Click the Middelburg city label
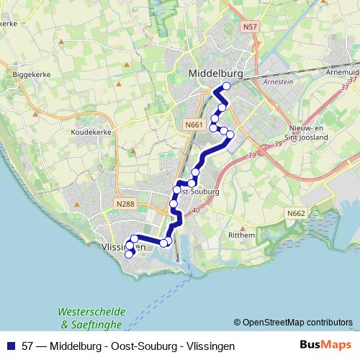click(215, 73)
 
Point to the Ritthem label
click(242, 235)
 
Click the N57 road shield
click(250, 27)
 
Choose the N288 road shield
click(125, 204)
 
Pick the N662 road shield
click(295, 214)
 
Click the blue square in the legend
click(12, 346)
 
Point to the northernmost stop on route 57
click(227, 86)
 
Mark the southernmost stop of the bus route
click(130, 253)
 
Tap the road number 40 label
click(197, 210)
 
